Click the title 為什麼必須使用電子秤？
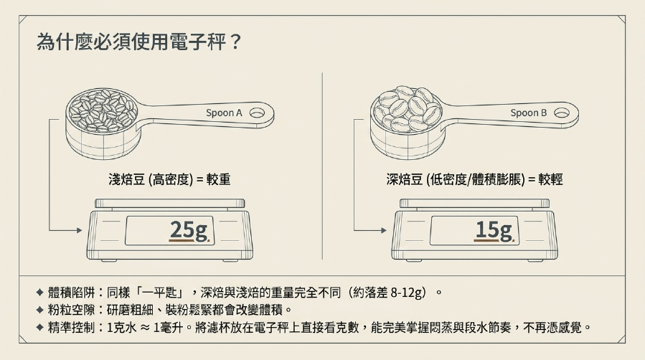click(x=138, y=42)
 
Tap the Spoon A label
click(x=224, y=113)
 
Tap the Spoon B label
click(x=529, y=113)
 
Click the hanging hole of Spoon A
click(x=257, y=113)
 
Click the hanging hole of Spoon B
click(x=562, y=113)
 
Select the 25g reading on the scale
click(x=189, y=230)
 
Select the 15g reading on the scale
click(x=494, y=230)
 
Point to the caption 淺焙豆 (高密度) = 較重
click(x=169, y=179)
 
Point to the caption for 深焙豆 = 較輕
click(x=474, y=179)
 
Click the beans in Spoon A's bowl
click(x=102, y=110)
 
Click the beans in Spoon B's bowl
click(x=406, y=108)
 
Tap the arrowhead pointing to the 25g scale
click(x=80, y=230)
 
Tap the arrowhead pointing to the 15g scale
click(x=384, y=230)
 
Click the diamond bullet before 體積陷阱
click(x=40, y=293)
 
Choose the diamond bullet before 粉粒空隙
click(x=40, y=310)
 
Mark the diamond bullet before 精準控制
click(x=40, y=328)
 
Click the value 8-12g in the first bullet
click(x=408, y=293)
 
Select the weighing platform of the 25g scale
click(x=169, y=203)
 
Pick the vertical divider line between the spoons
click(x=323, y=166)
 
